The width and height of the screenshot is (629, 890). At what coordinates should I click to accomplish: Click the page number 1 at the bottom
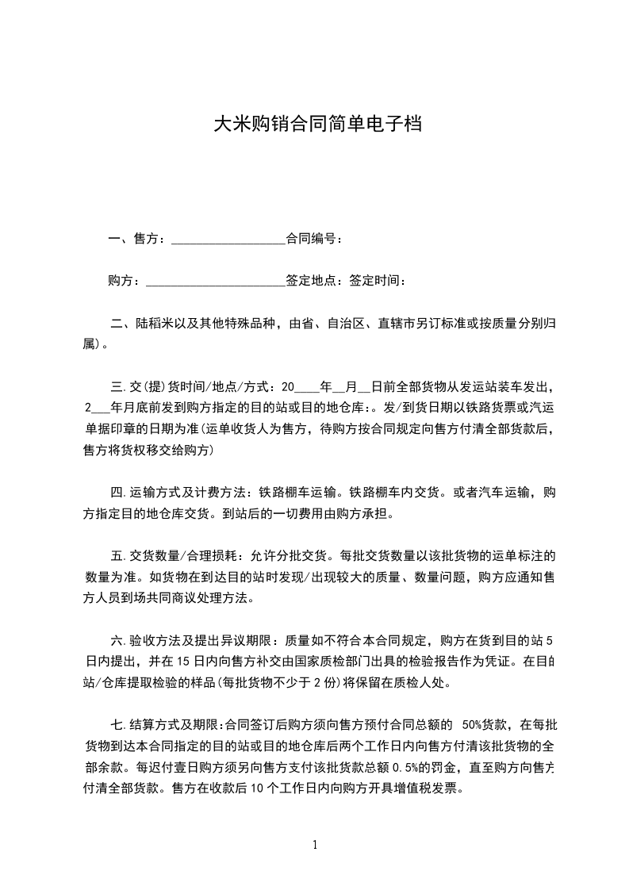point(315,845)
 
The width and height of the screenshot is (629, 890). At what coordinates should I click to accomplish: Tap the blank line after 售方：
point(228,239)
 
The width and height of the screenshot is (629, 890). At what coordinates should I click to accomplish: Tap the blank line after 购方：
point(215,281)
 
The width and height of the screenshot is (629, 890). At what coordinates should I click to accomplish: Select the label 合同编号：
point(314,239)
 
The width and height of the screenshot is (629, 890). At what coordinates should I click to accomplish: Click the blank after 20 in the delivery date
point(306,388)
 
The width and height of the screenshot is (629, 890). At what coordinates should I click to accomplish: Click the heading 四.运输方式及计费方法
point(179,493)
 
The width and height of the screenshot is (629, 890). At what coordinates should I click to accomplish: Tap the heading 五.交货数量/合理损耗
point(179,555)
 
